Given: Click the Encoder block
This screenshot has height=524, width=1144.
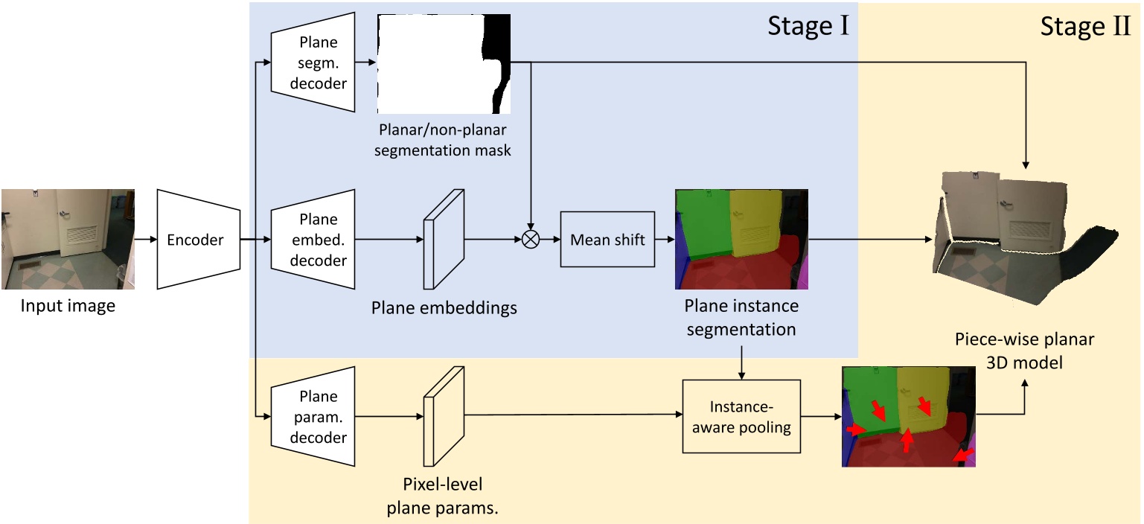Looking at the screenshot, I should coord(199,239).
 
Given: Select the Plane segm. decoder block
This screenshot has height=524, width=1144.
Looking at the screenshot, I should coord(313,63).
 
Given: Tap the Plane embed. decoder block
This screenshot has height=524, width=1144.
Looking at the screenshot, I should coord(313,240).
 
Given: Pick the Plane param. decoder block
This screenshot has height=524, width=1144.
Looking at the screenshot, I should coord(313,417).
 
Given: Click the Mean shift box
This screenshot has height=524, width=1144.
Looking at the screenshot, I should coord(607,240).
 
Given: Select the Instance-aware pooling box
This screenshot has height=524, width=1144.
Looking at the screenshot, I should coord(741,416).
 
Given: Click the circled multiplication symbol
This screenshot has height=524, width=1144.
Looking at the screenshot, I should coord(531,240).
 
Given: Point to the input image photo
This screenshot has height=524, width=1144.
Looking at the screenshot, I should coord(68,239).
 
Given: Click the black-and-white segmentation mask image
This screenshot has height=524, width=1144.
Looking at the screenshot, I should coord(444,63).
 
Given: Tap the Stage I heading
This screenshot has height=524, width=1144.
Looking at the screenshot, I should coord(808,28).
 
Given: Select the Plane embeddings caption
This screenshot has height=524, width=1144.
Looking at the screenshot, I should coord(444,307).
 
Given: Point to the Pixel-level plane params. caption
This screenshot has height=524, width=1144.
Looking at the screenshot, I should coord(444,496).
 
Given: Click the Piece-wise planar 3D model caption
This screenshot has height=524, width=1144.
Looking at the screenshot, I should coord(1025,351).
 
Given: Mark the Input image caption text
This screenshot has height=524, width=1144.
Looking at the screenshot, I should coord(68,306).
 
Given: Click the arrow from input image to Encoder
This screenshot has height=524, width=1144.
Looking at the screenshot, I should coord(146,240).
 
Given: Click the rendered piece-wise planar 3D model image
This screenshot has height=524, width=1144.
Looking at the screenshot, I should coord(1027,238).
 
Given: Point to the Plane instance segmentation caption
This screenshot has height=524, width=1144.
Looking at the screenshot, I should coord(741,316).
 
